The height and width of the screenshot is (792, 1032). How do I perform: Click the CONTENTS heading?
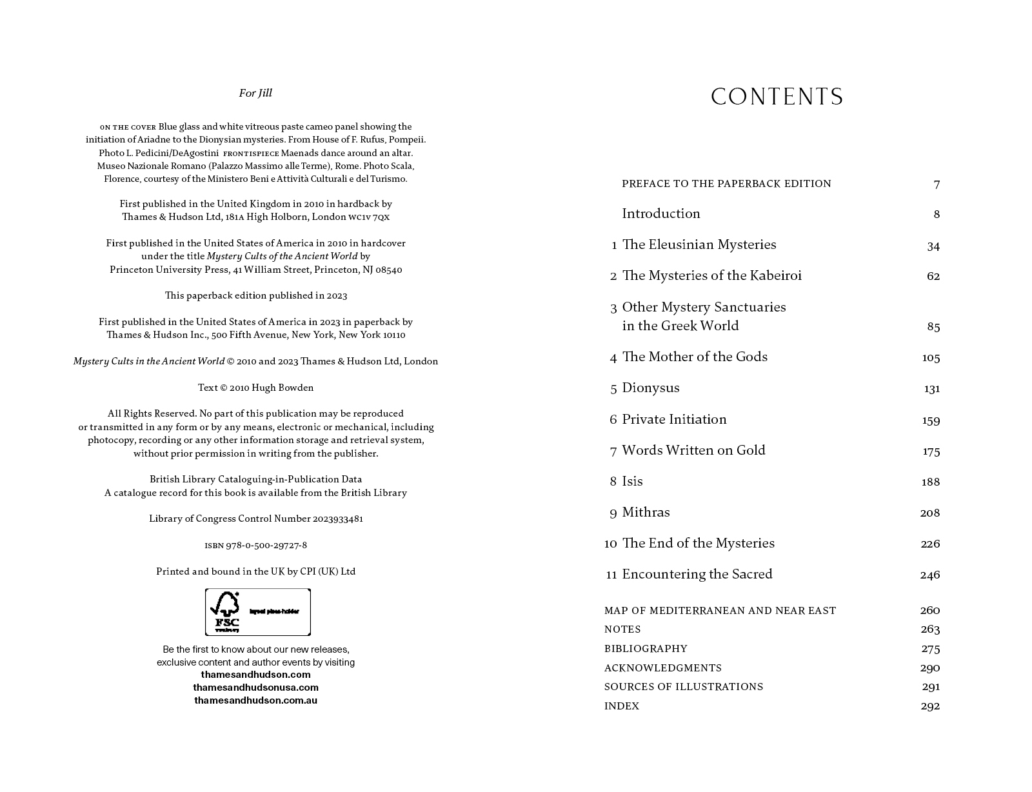(x=777, y=97)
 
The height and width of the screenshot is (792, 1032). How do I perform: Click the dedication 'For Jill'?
(x=255, y=93)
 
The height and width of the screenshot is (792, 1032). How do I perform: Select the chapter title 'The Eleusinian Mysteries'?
(x=699, y=244)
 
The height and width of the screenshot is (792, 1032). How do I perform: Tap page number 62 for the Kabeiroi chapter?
(x=933, y=277)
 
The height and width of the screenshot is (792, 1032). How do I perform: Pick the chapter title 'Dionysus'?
(x=650, y=388)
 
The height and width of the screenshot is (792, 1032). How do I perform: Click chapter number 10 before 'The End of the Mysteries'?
(x=610, y=544)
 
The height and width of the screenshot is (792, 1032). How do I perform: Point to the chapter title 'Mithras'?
(x=646, y=512)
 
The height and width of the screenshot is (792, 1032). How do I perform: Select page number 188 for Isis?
(x=931, y=482)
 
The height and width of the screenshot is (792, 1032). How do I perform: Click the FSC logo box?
(x=257, y=612)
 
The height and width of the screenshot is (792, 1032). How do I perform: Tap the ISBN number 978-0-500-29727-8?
(x=266, y=546)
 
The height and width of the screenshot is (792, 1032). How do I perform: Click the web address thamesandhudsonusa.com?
(x=255, y=688)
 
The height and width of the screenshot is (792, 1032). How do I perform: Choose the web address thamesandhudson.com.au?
(x=255, y=700)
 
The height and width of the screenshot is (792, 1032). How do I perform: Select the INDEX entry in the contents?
(x=621, y=706)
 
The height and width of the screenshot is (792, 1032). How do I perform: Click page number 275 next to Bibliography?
(x=930, y=649)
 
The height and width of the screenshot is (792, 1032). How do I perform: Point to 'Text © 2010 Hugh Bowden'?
(x=255, y=388)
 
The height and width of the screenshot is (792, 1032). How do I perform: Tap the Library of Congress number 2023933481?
(x=337, y=519)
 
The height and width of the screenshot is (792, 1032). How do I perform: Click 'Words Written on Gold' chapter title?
(x=693, y=450)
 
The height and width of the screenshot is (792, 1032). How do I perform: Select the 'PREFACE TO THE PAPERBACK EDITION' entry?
(x=726, y=184)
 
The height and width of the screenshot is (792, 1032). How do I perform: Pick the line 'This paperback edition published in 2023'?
(x=255, y=295)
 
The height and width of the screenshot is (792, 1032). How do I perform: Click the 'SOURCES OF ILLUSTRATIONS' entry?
(x=683, y=687)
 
